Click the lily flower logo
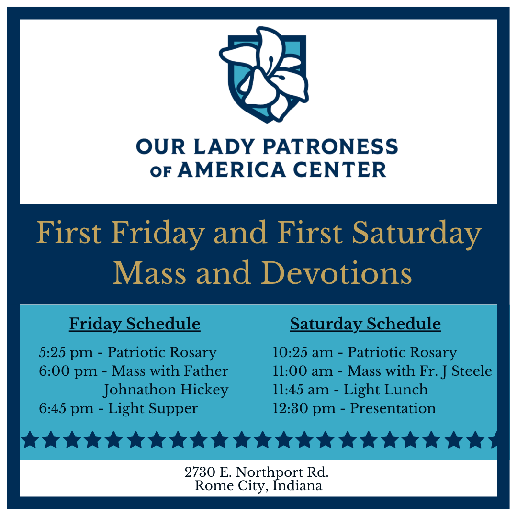[264, 75]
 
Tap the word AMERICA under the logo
[232, 170]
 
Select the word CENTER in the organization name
[339, 170]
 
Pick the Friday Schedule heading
[135, 324]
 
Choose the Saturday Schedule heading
[365, 324]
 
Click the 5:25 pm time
[66, 352]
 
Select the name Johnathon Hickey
[166, 390]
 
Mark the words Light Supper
[153, 409]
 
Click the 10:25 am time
[303, 352]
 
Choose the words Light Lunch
[386, 390]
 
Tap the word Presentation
[393, 408]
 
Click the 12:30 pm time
[304, 409]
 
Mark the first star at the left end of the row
[30, 439]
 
